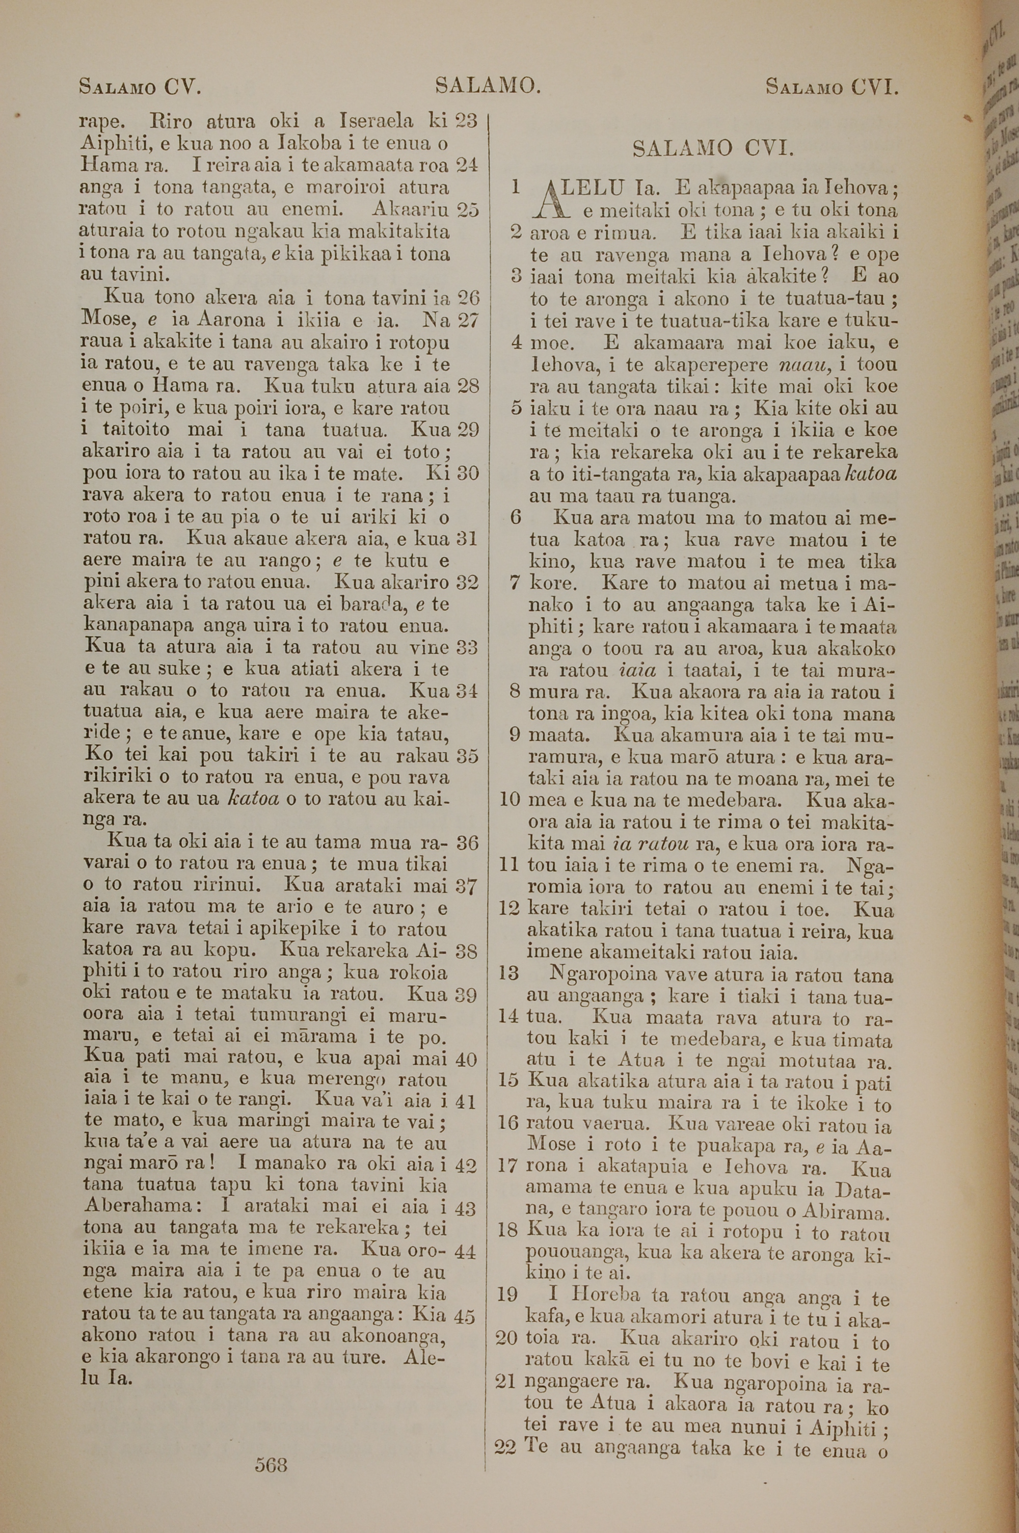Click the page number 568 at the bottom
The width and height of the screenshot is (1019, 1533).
click(x=271, y=1446)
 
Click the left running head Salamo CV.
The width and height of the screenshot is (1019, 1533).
click(x=140, y=87)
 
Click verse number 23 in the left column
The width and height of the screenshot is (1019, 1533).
click(x=466, y=120)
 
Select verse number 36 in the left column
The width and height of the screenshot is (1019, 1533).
click(x=466, y=843)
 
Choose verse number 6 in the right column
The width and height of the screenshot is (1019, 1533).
click(x=517, y=518)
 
